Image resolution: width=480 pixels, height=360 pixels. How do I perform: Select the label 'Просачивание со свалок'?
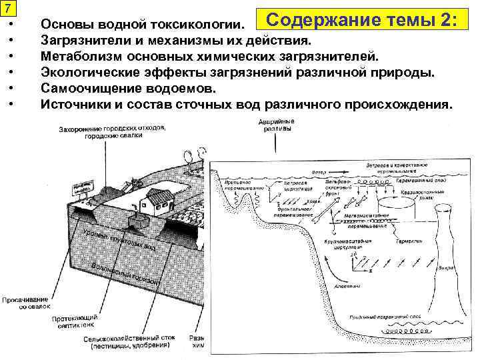(x=25, y=303)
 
